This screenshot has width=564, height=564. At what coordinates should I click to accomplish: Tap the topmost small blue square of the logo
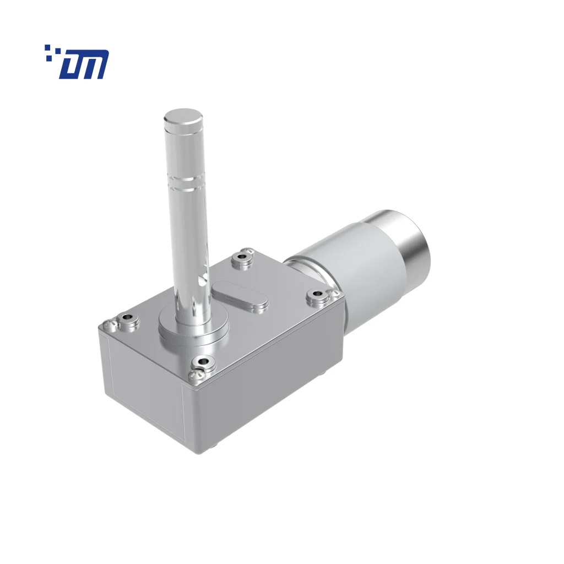pos(48,48)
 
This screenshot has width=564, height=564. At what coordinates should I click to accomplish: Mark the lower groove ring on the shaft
pos(185,188)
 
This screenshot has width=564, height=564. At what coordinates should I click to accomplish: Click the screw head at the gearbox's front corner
pos(194,376)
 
